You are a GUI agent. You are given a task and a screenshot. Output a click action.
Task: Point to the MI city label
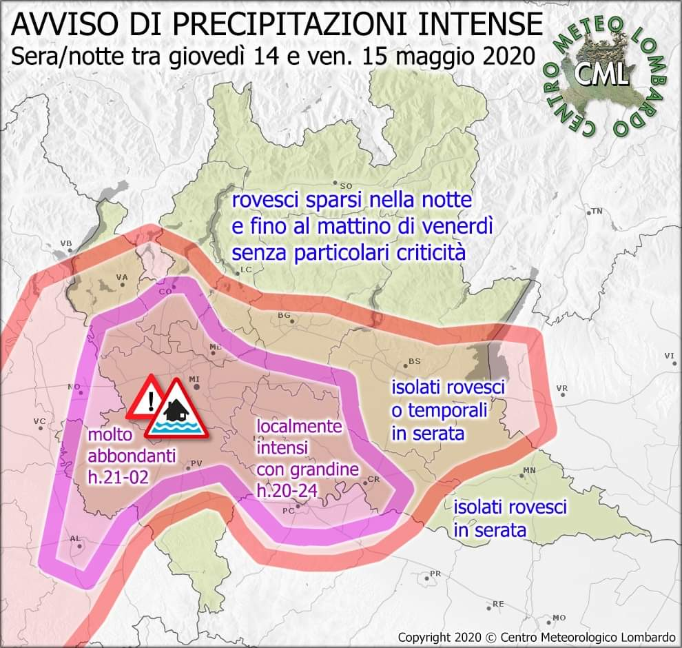point(194,379)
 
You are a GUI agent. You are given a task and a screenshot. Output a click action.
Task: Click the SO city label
point(346,185)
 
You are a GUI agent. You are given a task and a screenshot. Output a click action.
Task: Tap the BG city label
point(284,315)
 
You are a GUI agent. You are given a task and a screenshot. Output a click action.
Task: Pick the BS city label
point(414,361)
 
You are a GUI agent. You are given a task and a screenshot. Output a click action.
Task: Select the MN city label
point(529,470)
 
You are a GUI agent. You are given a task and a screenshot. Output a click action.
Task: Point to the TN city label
point(597,211)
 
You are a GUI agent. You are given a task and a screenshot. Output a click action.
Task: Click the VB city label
point(66,243)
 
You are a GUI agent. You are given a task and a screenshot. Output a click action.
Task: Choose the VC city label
point(39,421)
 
